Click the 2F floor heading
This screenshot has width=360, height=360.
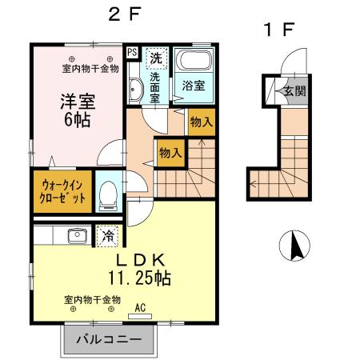(x=125, y=14)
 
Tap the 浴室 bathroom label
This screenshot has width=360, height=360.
(x=193, y=84)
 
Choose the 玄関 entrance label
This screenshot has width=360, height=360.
(x=294, y=90)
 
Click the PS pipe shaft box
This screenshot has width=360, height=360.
(x=132, y=54)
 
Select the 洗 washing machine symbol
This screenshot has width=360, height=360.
(x=157, y=58)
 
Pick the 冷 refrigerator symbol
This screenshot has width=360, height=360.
(x=106, y=236)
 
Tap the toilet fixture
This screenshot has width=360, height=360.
(x=109, y=194)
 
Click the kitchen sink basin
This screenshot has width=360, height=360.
(x=77, y=236)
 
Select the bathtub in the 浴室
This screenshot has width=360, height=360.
(x=193, y=62)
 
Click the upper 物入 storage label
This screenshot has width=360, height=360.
(x=201, y=122)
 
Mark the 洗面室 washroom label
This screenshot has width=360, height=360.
(x=154, y=86)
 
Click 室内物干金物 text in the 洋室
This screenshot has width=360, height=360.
(x=90, y=68)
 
